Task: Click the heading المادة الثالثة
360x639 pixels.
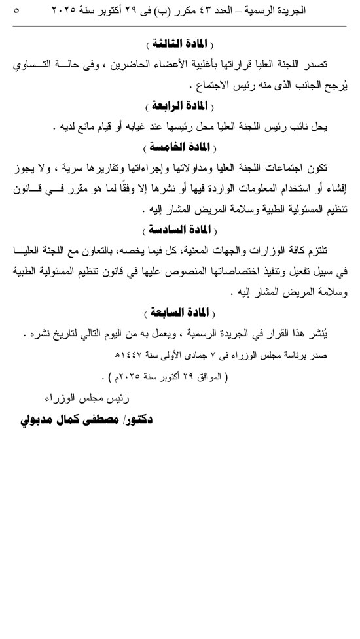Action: click(x=178, y=44)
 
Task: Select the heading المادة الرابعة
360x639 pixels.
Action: click(x=178, y=105)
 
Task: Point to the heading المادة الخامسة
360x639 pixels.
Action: click(x=178, y=145)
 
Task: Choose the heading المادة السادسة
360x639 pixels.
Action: click(x=178, y=230)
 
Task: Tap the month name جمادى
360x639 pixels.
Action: click(x=194, y=357)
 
